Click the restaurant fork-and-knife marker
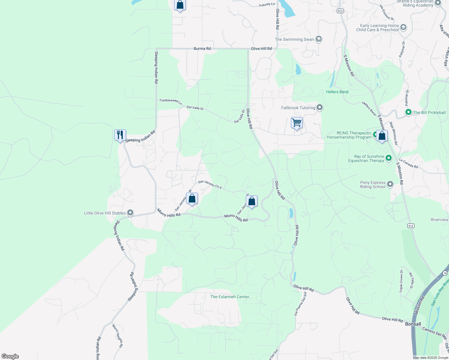(x=120, y=135)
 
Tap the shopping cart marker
(x=297, y=123)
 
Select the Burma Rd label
(x=202, y=49)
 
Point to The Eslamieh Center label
(x=230, y=297)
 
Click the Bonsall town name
(x=413, y=324)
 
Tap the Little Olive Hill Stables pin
(x=130, y=213)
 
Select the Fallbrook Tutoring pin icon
(x=320, y=107)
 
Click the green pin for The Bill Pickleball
(x=408, y=112)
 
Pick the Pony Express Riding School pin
(x=390, y=184)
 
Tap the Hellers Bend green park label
(x=337, y=92)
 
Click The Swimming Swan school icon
(x=319, y=39)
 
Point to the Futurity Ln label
(x=267, y=5)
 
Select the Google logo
(x=10, y=356)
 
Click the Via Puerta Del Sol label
(x=300, y=304)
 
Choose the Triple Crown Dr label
(x=401, y=281)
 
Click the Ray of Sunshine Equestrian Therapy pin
(x=389, y=158)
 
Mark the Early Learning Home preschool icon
(x=403, y=28)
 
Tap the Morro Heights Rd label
(x=117, y=336)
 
